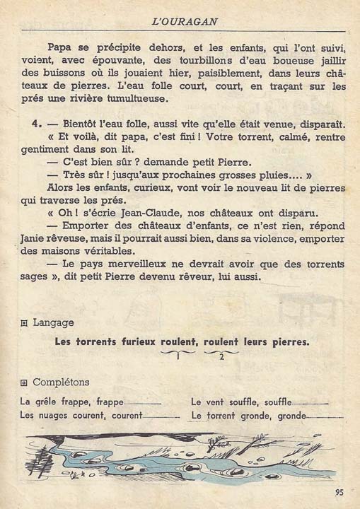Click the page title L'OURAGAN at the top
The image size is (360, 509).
183,22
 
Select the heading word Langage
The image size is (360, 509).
53,322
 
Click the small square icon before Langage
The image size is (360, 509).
25,323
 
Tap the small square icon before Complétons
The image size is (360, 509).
25,383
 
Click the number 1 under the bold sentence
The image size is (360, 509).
180,356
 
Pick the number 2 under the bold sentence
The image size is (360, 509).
221,356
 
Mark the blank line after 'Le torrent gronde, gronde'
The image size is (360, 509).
318,416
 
